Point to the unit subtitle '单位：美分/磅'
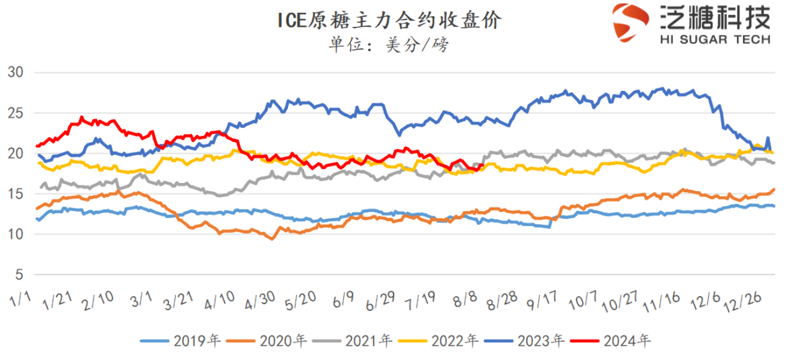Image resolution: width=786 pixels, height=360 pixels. click(389, 45)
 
